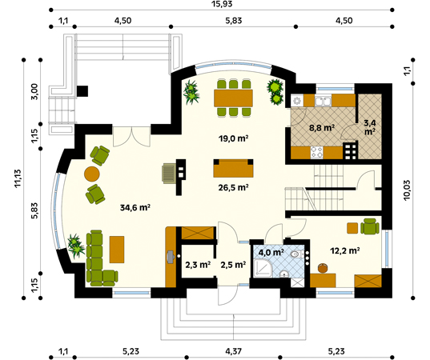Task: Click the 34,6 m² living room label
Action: coord(135,208)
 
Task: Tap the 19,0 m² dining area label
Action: coord(233,138)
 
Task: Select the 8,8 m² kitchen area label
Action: coord(322,128)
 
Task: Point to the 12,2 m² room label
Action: coord(344,250)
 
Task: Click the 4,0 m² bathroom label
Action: coord(271,252)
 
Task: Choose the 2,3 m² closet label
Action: coord(198,265)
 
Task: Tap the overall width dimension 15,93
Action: coord(221,4)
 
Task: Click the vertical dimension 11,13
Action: coord(18,178)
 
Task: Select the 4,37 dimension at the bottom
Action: coord(233,351)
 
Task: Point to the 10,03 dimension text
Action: coord(407,190)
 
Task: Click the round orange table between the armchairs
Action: coord(91,174)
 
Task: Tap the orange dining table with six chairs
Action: coord(233,98)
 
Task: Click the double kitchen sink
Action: coord(323,101)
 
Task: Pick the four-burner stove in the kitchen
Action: coord(317,152)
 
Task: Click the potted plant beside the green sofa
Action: coord(76,246)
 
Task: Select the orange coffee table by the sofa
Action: coord(117,250)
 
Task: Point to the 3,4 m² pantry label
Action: coord(370,127)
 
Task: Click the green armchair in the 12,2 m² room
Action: coord(370,226)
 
